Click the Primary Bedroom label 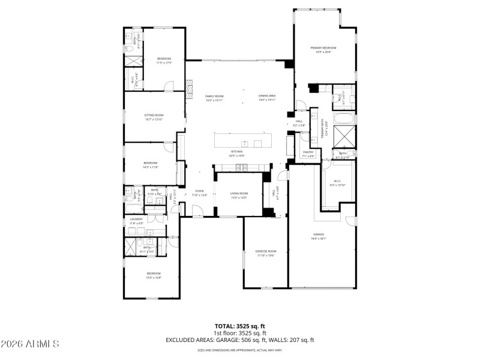[x=323, y=47]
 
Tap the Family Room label [x=214, y=96]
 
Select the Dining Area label [x=267, y=96]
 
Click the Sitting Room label [x=154, y=115]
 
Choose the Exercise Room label [x=265, y=251]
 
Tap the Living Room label [x=239, y=193]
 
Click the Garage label [x=318, y=234]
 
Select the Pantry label [x=308, y=152]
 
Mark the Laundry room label [x=136, y=219]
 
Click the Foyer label [x=199, y=191]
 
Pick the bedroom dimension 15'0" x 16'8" [x=154, y=278]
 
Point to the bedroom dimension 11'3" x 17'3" [x=164, y=62]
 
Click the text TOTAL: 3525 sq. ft [x=239, y=327]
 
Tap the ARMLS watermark [x=30, y=344]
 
